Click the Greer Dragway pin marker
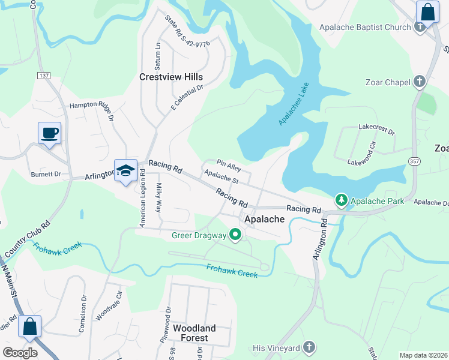(x=235, y=236)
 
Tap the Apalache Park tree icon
(x=342, y=200)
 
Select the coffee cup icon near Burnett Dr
(x=49, y=133)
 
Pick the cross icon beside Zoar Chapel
(x=420, y=81)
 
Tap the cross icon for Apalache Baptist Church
(x=420, y=27)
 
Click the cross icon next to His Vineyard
(x=309, y=347)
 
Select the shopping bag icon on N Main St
(x=30, y=327)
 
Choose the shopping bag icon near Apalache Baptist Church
(x=427, y=11)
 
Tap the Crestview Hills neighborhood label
(x=171, y=77)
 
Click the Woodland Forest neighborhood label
(x=194, y=333)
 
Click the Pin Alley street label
(x=229, y=163)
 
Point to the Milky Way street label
(x=159, y=199)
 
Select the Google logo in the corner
(x=20, y=353)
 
